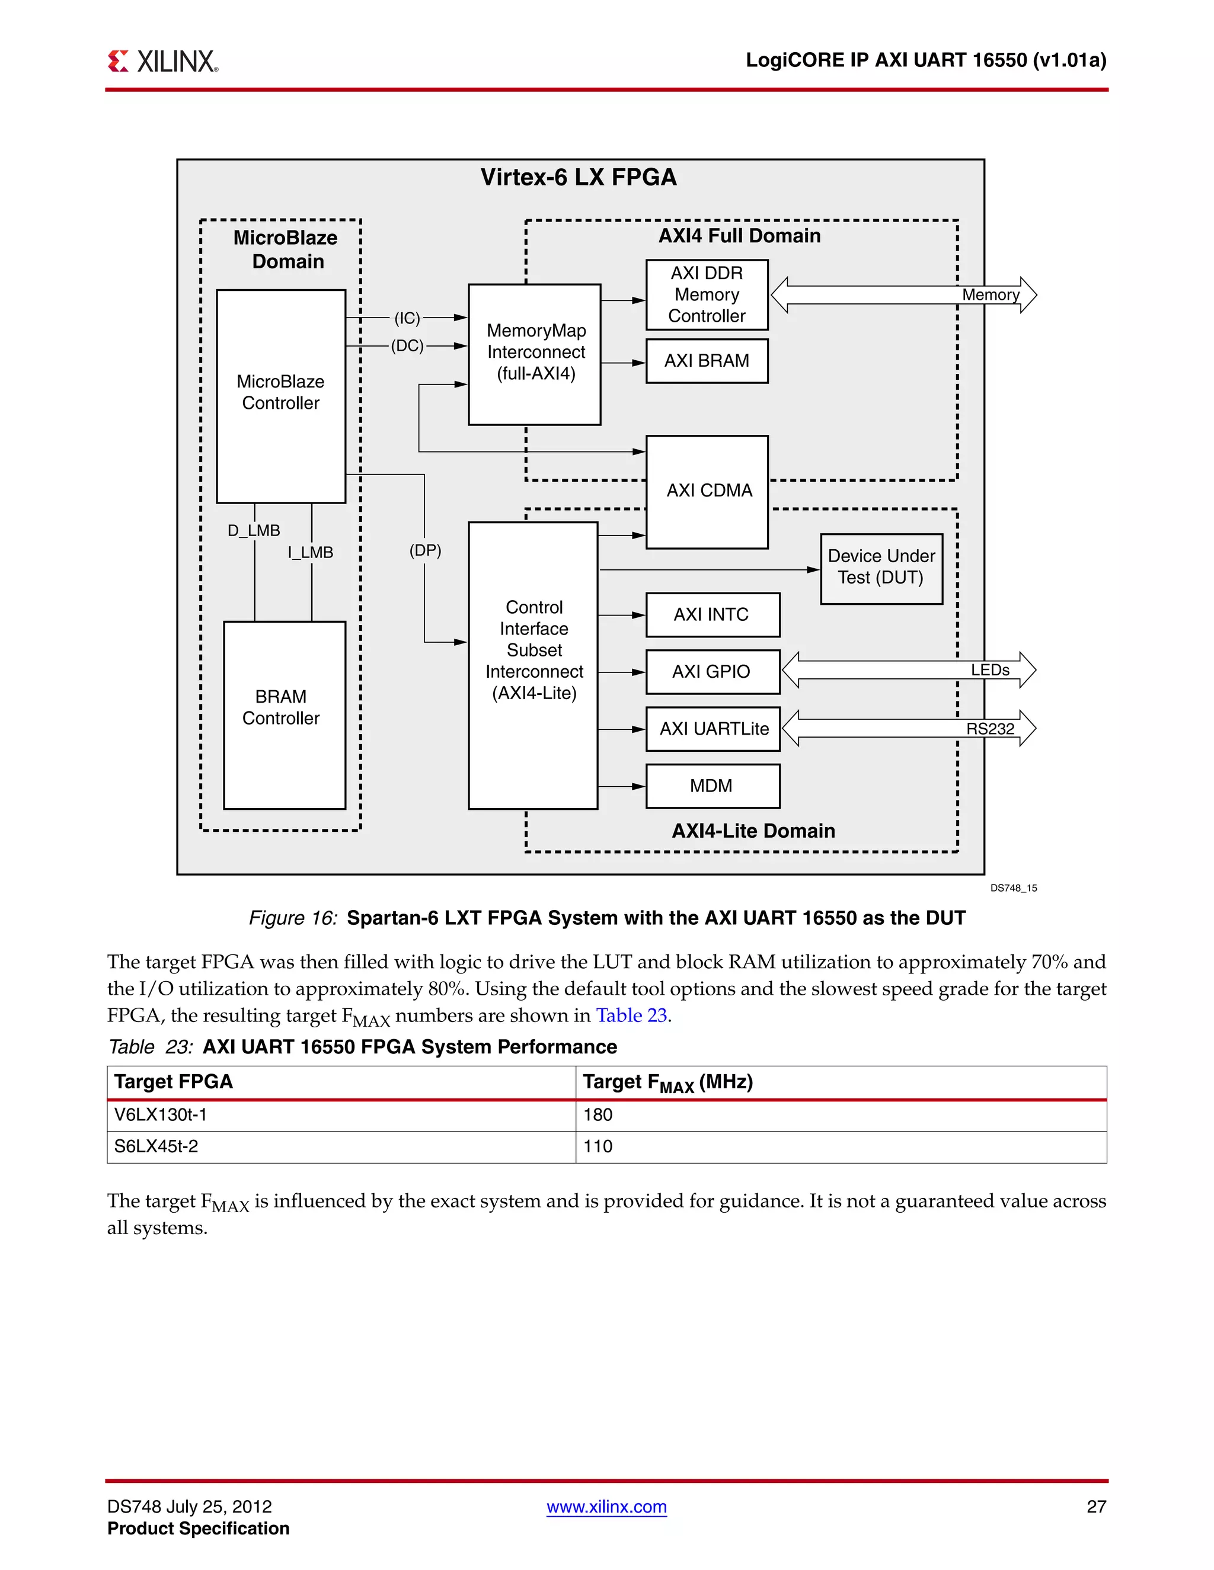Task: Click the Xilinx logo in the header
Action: [x=162, y=61]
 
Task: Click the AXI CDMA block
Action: [x=708, y=491]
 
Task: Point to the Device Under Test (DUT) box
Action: [x=881, y=568]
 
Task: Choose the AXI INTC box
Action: [x=712, y=614]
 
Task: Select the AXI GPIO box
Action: [x=712, y=671]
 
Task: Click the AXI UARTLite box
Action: [x=714, y=729]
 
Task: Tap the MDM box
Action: [x=712, y=786]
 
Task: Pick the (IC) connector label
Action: [x=407, y=318]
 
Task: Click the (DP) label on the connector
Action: [x=425, y=550]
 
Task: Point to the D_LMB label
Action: [x=254, y=530]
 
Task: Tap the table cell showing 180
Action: [x=598, y=1115]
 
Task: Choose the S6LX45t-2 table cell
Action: [x=156, y=1146]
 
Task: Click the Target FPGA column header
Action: [x=173, y=1082]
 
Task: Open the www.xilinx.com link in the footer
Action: [x=606, y=1507]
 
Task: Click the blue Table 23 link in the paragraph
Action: [x=631, y=1015]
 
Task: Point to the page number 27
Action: [x=1095, y=1507]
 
